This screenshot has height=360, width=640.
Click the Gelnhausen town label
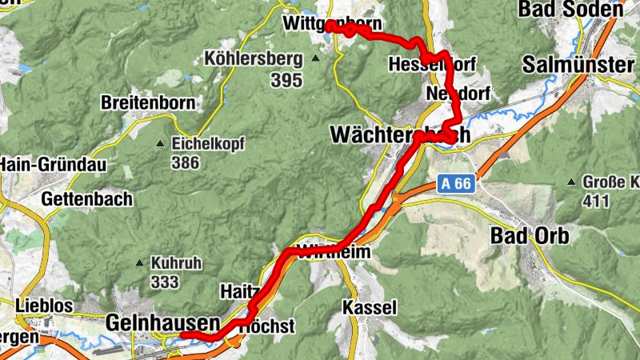pos(162,323)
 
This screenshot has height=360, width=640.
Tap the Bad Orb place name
pos(529,236)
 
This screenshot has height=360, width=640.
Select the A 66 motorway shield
pos(457,185)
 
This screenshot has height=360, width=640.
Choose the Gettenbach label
pos(84,198)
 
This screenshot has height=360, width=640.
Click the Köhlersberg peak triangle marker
pos(316,58)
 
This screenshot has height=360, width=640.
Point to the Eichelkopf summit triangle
pos(160,144)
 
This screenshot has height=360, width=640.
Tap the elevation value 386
pos(186,163)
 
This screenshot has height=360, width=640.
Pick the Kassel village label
pos(369,307)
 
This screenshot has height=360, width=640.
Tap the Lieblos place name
pos(45,306)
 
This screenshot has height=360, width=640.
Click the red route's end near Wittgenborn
pos(329,26)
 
